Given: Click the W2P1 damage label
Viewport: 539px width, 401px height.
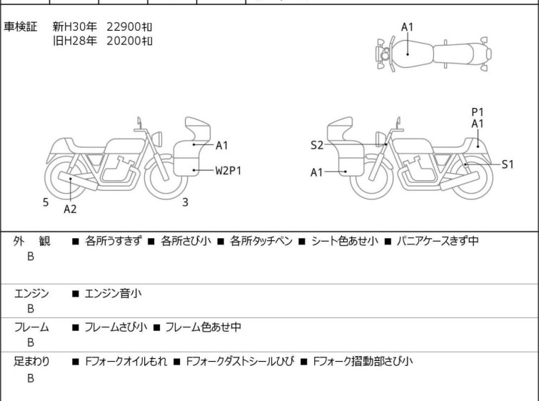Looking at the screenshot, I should (230, 170).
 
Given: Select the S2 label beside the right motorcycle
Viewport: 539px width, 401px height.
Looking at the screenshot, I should (317, 146).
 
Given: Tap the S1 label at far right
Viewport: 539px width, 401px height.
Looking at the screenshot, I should (508, 164).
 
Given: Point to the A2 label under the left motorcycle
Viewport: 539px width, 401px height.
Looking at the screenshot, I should (70, 209).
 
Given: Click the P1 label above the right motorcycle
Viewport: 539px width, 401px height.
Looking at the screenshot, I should (478, 112).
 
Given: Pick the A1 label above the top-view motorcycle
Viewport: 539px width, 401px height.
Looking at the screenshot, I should (407, 27).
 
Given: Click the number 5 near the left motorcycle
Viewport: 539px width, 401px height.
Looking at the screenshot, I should (46, 202).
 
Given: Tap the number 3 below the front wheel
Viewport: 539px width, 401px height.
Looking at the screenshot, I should (185, 202).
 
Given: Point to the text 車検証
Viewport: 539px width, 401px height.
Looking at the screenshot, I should (21, 27).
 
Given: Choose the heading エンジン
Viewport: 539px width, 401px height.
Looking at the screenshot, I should (31, 293).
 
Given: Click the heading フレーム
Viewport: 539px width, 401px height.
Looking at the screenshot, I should (31, 327).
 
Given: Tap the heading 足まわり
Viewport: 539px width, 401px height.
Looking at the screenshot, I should (31, 362).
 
